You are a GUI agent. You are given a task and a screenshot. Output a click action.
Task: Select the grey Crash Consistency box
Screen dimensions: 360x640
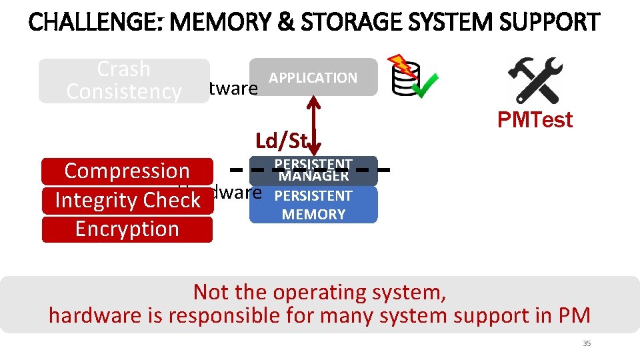[x=123, y=81]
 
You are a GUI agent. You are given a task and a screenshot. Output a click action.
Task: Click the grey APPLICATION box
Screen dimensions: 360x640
[x=313, y=77]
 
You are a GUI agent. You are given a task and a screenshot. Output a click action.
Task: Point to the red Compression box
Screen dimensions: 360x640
[x=127, y=171]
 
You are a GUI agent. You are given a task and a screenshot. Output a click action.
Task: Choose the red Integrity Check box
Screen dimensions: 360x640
[x=127, y=200]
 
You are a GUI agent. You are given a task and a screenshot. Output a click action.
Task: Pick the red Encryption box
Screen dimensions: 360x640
[x=127, y=229]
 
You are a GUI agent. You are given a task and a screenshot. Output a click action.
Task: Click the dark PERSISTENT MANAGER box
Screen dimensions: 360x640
[x=313, y=171]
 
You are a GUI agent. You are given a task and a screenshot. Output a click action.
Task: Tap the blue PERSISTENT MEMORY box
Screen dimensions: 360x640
[x=313, y=205]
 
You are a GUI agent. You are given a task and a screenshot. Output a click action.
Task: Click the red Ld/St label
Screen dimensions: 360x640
[x=281, y=141]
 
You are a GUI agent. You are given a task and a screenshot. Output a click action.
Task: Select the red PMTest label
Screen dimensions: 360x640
[x=535, y=120]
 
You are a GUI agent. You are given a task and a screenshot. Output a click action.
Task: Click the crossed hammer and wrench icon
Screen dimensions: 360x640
[x=535, y=79]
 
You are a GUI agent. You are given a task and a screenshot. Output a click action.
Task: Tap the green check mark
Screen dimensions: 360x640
[x=424, y=85]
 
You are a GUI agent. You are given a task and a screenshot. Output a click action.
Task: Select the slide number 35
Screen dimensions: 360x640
[x=587, y=343]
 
